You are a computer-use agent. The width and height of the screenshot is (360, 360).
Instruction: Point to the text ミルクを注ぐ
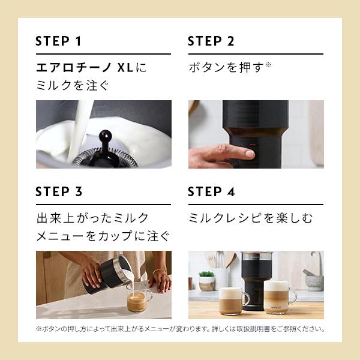point(73,85)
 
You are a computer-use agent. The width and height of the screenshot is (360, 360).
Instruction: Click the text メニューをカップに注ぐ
point(103,235)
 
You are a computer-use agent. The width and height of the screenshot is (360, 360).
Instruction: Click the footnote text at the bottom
point(180,329)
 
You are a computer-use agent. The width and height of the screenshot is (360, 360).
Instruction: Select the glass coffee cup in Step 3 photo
point(137,299)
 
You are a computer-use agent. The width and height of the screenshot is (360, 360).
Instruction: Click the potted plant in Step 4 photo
point(206,280)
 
